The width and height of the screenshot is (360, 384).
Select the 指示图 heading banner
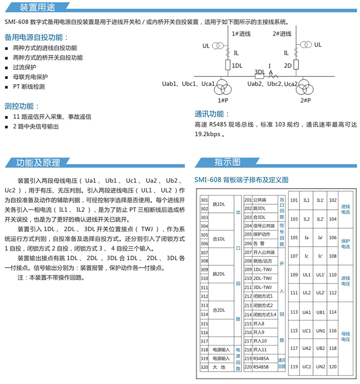tap(227, 162)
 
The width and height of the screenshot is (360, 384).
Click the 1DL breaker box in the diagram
tap(227, 65)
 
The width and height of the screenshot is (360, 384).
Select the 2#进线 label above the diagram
tap(282, 33)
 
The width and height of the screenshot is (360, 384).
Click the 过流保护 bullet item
tap(25, 67)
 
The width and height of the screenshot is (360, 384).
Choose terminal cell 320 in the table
tap(204, 367)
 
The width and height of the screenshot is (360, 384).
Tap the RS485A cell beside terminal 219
tap(261, 359)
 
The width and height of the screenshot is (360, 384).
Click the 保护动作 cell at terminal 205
tap(261, 234)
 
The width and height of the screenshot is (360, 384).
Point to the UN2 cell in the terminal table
tap(321, 367)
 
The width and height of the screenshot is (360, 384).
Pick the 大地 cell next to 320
tap(220, 367)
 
